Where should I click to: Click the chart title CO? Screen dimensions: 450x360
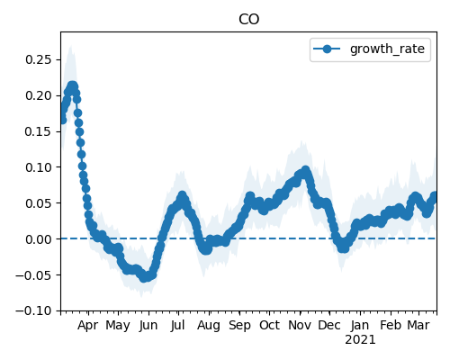(248, 19)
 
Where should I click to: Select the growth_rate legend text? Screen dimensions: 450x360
(387, 49)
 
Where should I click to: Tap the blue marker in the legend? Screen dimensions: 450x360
(327, 49)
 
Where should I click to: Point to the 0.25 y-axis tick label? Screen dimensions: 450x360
(39, 59)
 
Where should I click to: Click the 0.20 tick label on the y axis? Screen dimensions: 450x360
(39, 95)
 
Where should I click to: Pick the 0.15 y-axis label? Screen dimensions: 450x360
(39, 131)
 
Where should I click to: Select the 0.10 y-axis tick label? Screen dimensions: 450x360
(39, 167)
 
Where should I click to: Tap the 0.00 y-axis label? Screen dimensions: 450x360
(39, 239)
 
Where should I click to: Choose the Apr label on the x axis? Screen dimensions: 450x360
(88, 326)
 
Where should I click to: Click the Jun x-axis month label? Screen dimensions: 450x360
(148, 326)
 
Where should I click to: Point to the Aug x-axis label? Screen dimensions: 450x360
(209, 326)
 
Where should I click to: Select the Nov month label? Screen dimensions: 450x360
(300, 325)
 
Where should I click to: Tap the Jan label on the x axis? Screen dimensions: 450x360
(360, 325)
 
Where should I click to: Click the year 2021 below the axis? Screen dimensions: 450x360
(360, 340)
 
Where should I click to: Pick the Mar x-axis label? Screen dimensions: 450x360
(418, 325)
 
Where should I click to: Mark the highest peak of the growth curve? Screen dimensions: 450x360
(72, 85)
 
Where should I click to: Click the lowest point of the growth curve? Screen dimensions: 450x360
(144, 277)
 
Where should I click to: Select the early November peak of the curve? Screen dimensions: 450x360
(305, 170)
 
